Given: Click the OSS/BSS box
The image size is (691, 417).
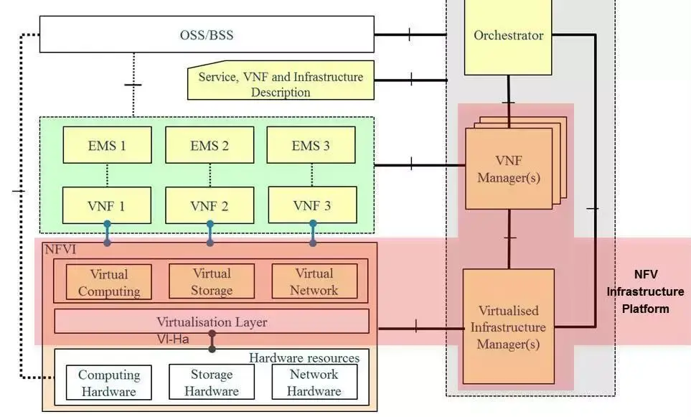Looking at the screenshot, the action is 207,34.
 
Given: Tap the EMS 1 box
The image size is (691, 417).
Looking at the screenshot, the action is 107,145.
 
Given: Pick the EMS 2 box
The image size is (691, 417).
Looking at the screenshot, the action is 210,145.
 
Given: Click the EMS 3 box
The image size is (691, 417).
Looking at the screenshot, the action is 311,145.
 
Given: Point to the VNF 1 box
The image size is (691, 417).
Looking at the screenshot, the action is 107,205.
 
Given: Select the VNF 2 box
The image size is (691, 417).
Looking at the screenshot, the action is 210,205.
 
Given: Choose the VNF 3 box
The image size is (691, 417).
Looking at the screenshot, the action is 312,205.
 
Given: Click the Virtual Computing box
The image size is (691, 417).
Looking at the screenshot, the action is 109,282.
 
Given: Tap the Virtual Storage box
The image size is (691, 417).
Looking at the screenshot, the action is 212,281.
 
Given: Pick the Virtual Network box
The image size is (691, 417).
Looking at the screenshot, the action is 315,281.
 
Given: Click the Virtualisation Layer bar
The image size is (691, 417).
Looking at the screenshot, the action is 212,322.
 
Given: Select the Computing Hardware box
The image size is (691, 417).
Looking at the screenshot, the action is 109,383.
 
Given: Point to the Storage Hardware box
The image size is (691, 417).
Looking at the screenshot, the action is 212,382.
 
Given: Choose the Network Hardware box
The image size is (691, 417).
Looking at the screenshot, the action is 315,382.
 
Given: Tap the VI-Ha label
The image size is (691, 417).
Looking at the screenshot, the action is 173,339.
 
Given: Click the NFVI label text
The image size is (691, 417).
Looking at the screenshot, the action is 60,250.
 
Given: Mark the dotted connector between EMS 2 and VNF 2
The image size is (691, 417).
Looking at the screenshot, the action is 210,175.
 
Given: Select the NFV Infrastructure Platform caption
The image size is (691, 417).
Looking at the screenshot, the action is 646,291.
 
